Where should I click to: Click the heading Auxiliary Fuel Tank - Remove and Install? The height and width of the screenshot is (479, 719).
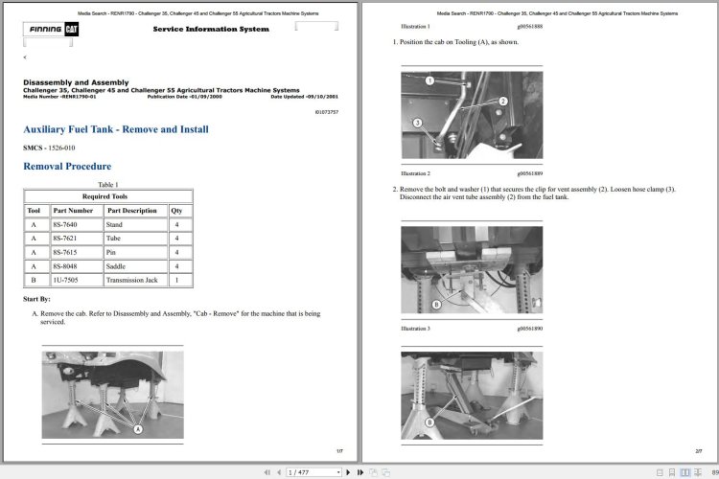tap(116, 129)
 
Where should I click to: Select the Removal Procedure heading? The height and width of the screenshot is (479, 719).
tap(67, 167)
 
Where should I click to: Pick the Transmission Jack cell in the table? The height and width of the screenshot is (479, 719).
tap(131, 280)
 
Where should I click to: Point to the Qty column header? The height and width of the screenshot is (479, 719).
tap(176, 210)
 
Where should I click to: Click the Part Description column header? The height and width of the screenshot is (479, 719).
tap(131, 210)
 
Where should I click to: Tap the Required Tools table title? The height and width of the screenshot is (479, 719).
tap(108, 195)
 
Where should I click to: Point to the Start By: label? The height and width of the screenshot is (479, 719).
tap(36, 300)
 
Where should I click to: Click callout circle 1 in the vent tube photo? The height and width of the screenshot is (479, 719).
tap(430, 80)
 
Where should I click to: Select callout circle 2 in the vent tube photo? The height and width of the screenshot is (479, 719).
tap(502, 101)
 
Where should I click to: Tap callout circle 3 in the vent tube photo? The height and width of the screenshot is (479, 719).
tap(417, 123)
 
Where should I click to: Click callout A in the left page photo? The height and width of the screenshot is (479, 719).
tap(137, 430)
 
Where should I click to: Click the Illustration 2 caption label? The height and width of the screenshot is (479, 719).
tap(415, 173)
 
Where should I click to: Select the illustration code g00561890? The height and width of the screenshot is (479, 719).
tap(529, 329)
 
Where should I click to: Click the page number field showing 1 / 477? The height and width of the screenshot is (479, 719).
tap(313, 472)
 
